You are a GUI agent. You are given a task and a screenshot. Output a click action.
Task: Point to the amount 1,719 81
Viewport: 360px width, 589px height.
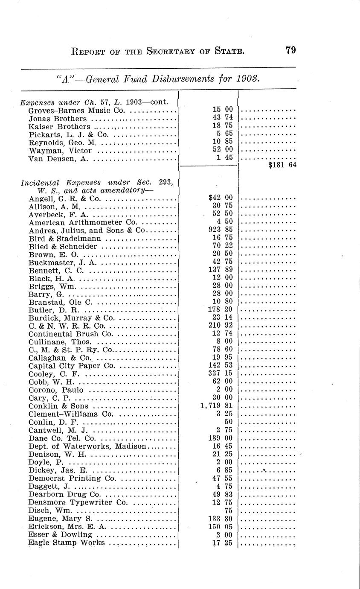tap(216, 406)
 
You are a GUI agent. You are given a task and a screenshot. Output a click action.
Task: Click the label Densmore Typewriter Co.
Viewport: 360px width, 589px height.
tap(78, 502)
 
